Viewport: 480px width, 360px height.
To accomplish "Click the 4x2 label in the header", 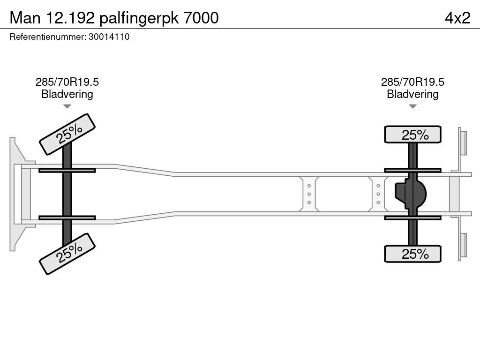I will pyautogui.click(x=457, y=18).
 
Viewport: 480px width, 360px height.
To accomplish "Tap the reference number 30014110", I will pyautogui.click(x=109, y=37).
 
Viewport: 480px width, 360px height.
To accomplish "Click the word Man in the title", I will pyautogui.click(x=26, y=18).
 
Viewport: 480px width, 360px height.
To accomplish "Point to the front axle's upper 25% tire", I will pyautogui.click(x=67, y=134).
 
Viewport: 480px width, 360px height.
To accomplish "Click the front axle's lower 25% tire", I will pyautogui.click(x=67, y=253).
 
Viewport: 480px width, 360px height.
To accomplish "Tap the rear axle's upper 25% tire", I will pyautogui.click(x=412, y=135).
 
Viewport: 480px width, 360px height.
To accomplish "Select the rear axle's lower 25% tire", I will pyautogui.click(x=412, y=254).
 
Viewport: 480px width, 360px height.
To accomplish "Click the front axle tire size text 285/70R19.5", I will pyautogui.click(x=67, y=82).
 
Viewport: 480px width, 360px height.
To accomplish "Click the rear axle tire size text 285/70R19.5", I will pyautogui.click(x=412, y=82).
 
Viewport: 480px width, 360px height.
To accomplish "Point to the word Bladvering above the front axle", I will pyautogui.click(x=67, y=94).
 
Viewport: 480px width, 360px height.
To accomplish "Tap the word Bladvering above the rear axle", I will pyautogui.click(x=412, y=94).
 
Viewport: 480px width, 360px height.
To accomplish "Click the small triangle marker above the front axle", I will pyautogui.click(x=67, y=106).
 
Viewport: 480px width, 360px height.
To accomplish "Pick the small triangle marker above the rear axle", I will pyautogui.click(x=412, y=106).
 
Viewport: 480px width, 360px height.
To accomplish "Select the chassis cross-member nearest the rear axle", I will pyautogui.click(x=378, y=194).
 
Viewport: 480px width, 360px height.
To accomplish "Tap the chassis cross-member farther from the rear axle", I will pyautogui.click(x=309, y=194).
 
